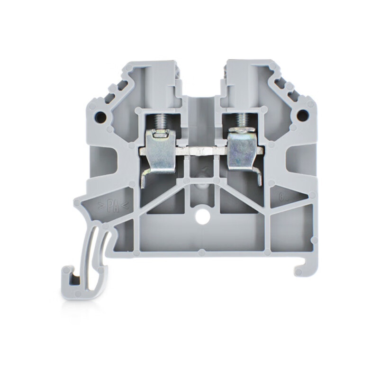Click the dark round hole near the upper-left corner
[100, 115]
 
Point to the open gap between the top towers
[201, 78]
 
